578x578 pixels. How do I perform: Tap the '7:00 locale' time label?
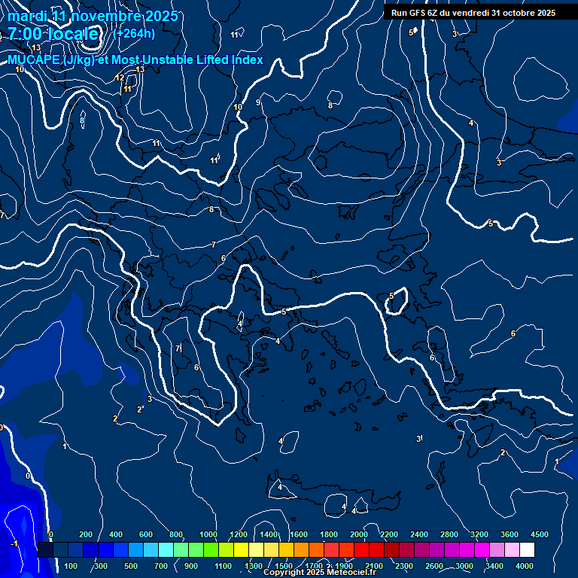click(x=53, y=34)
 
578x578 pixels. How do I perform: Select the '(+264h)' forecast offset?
click(x=134, y=33)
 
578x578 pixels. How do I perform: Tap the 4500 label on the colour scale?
click(x=539, y=534)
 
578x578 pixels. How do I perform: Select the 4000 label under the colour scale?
click(x=525, y=566)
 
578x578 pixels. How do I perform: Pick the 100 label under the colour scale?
click(x=71, y=566)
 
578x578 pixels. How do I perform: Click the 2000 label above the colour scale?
click(x=358, y=534)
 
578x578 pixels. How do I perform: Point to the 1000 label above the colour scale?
click(x=208, y=534)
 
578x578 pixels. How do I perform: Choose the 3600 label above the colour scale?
click(x=509, y=534)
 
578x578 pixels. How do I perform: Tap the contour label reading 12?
click(x=120, y=78)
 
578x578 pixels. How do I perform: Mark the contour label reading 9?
click(x=258, y=102)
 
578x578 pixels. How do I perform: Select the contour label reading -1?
click(x=14, y=543)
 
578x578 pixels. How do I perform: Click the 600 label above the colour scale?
click(x=147, y=534)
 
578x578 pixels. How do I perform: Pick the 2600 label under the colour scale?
click(x=434, y=566)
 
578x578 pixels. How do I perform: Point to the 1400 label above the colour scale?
click(x=268, y=534)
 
